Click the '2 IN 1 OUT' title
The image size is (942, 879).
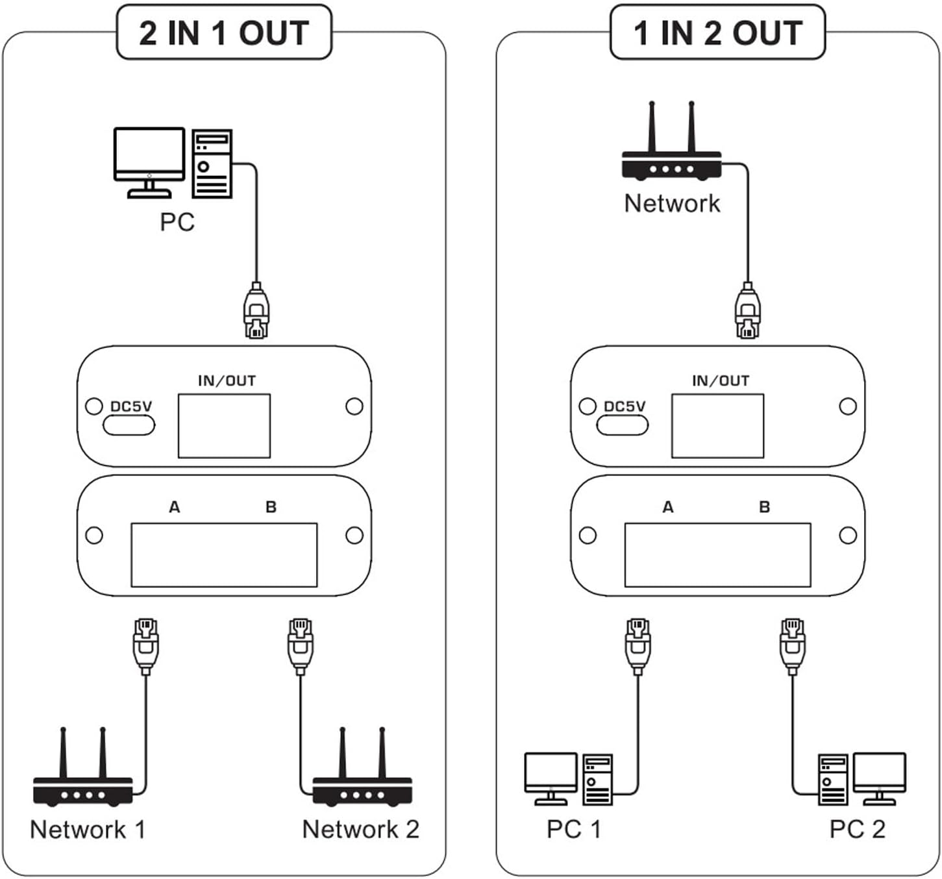224,32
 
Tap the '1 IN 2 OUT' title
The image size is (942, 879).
717,32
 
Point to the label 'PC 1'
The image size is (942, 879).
573,829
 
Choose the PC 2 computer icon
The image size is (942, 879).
861,779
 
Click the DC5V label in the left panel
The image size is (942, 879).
130,406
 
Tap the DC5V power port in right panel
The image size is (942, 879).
622,425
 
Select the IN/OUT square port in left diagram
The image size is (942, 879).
224,426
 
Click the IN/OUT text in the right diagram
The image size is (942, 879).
720,381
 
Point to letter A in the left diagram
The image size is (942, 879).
174,507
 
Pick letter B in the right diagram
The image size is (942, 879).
764,507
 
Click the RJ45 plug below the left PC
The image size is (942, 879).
256,312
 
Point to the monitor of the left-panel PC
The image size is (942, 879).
149,156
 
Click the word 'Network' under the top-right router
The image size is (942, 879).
671,203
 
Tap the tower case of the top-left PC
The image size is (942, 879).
212,164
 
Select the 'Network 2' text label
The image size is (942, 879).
360,829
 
